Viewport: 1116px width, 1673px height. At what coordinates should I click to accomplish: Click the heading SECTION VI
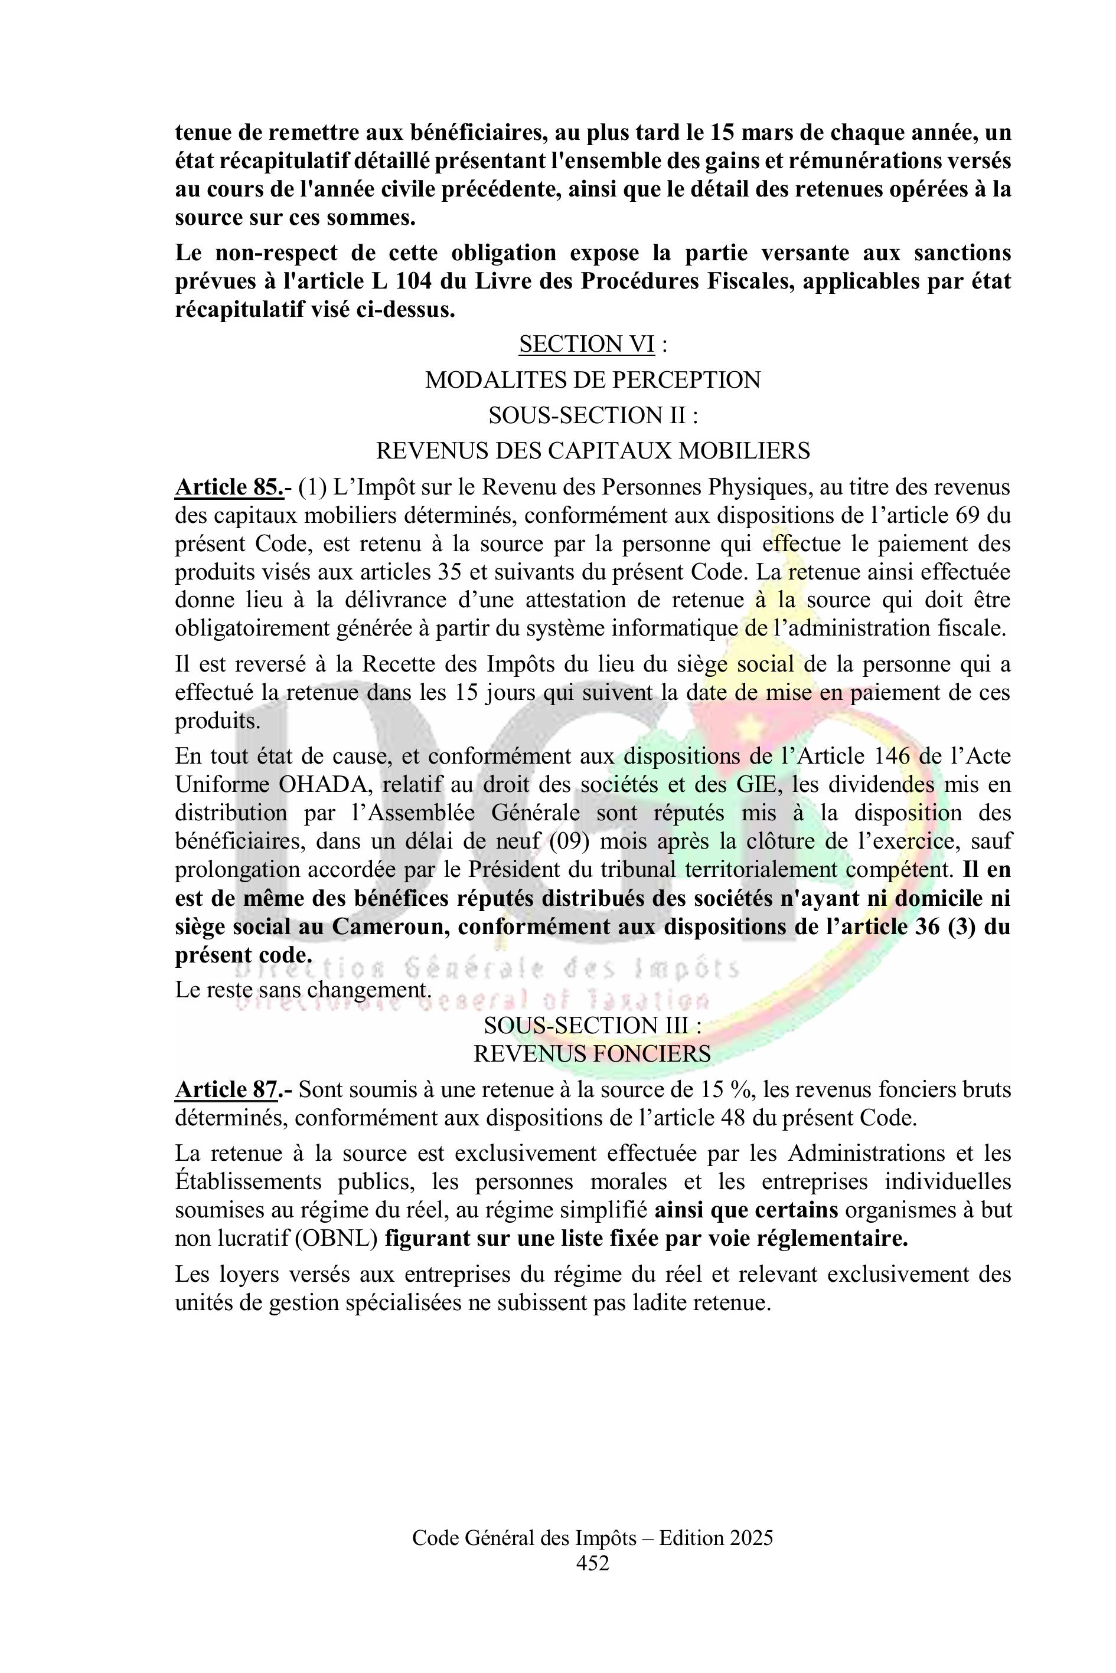[586, 344]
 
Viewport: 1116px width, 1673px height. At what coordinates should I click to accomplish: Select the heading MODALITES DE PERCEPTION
[593, 380]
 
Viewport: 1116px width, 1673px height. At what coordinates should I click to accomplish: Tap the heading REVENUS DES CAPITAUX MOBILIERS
[593, 451]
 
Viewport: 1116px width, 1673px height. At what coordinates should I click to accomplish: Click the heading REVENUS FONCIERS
[593, 1054]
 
